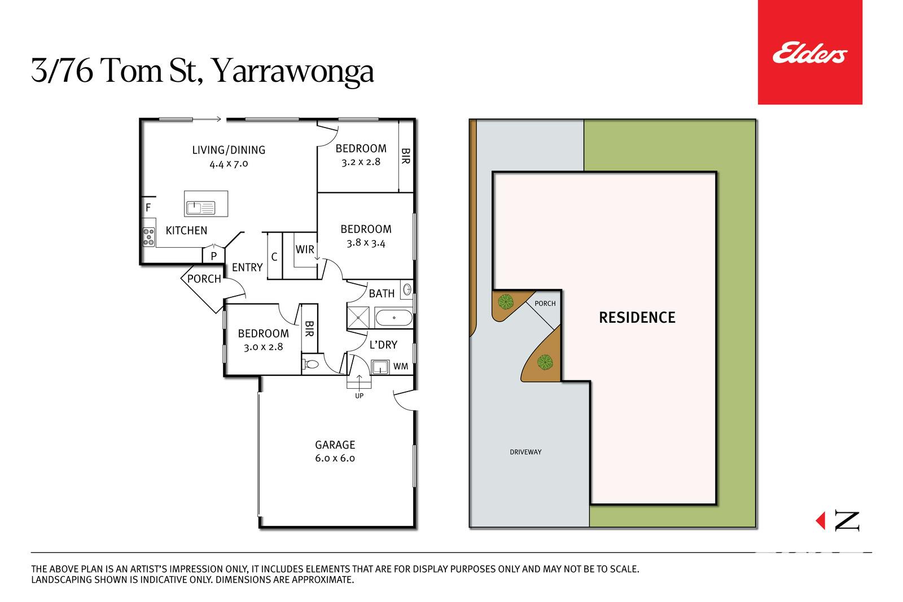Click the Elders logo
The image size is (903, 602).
click(809, 52)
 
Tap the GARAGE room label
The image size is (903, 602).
click(335, 445)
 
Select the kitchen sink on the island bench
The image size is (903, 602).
click(200, 208)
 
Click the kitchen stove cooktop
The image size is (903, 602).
click(149, 237)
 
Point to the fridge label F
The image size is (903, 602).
click(148, 208)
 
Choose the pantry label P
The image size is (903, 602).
click(214, 256)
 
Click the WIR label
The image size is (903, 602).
click(305, 249)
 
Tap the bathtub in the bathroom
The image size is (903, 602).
click(394, 318)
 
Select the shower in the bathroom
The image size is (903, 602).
click(358, 318)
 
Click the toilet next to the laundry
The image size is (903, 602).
click(311, 364)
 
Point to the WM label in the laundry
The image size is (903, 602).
click(401, 366)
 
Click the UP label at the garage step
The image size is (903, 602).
click(359, 396)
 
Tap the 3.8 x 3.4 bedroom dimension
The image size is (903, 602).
click(366, 243)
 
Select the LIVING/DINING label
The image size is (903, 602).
click(229, 150)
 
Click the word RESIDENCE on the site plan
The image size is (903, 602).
click(637, 318)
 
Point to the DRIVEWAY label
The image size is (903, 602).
click(525, 452)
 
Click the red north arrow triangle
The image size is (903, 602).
click(821, 521)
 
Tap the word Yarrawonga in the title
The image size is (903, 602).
click(293, 71)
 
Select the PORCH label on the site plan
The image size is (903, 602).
click(545, 304)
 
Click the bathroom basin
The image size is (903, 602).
click(407, 289)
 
